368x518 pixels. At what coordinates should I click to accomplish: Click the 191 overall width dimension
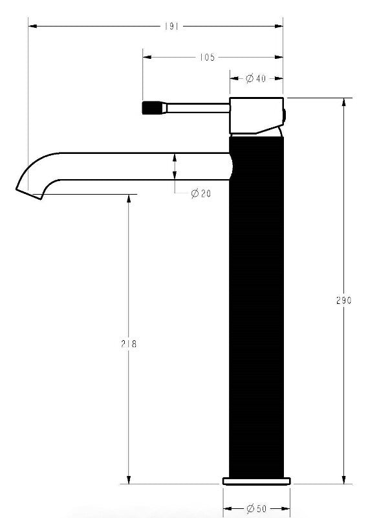tap(171, 27)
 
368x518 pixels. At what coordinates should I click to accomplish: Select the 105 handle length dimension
tap(206, 58)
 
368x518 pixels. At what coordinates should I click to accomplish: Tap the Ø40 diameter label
tap(256, 79)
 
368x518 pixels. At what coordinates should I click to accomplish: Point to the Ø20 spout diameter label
tap(200, 194)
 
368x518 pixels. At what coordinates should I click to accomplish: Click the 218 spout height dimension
tap(129, 344)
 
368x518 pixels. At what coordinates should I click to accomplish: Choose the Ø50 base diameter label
tap(256, 509)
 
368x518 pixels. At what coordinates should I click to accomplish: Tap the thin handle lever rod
tap(197, 107)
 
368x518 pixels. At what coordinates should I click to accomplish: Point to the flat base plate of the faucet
tap(256, 480)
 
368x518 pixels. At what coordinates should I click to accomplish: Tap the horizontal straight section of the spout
tap(142, 166)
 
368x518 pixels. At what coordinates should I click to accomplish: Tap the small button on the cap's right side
tap(285, 116)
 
